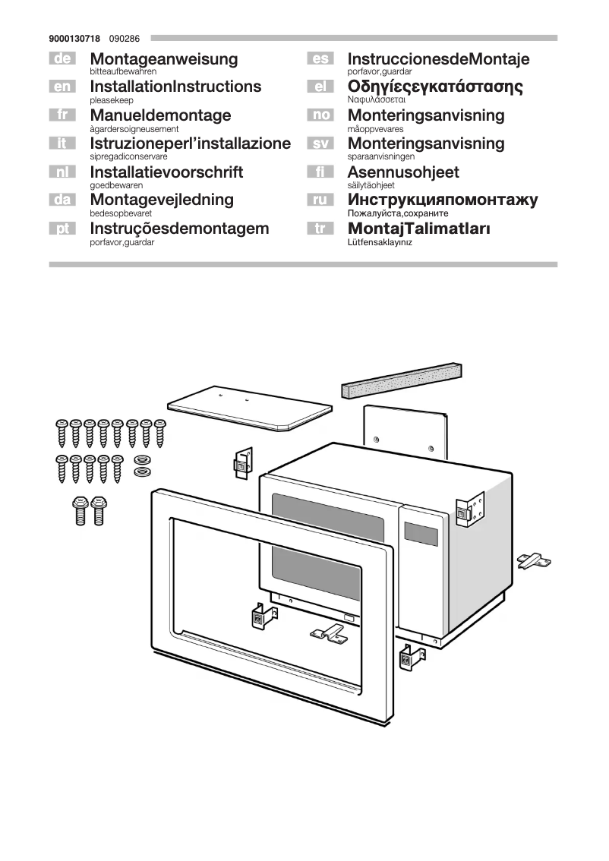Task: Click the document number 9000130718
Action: [x=75, y=37]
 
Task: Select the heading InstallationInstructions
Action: [x=175, y=87]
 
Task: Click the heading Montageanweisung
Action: [x=163, y=58]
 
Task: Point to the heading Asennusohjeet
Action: [x=403, y=172]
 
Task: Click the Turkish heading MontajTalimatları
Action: [x=418, y=229]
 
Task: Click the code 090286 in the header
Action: [x=123, y=37]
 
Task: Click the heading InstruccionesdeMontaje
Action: [x=438, y=58]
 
